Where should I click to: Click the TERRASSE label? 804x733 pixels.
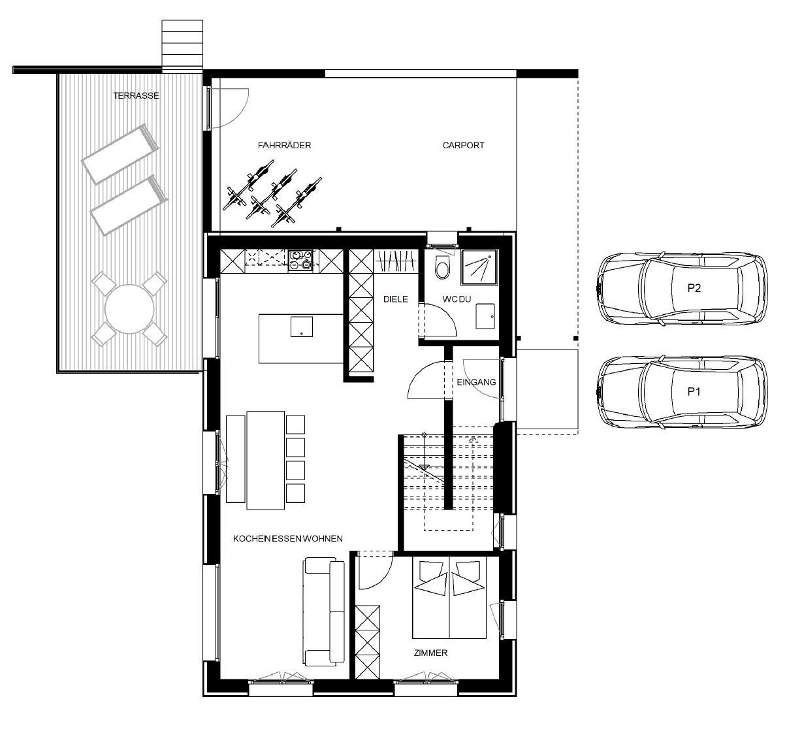pos(136,95)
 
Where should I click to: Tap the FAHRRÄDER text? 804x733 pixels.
pos(284,145)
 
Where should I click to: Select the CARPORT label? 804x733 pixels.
pos(463,145)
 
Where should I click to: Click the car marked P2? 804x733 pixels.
pos(683,288)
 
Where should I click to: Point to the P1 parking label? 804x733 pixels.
pos(694,391)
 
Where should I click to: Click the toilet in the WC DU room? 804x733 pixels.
pos(443,267)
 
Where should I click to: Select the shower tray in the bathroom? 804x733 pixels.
pos(479,267)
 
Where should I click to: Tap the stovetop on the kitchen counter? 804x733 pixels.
pos(300,259)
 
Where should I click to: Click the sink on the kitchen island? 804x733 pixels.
pos(301,327)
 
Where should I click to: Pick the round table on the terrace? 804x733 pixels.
pos(129,309)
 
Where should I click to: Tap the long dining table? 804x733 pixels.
pos(265,460)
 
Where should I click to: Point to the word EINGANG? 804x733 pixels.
pos(476,382)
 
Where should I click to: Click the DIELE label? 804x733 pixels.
pos(396,299)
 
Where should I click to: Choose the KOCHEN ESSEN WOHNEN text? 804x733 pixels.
pos(288,538)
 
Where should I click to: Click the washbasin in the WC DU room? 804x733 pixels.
pos(485,316)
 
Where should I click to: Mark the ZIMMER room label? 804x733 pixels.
pos(430,653)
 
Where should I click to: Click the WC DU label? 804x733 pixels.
pos(457,299)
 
